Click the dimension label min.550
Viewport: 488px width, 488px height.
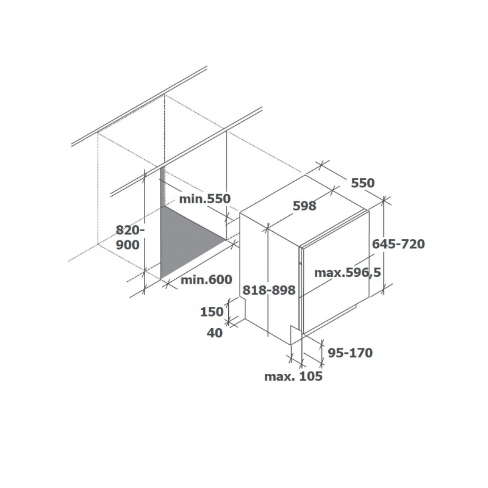coord(204,199)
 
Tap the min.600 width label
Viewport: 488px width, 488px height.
coord(206,279)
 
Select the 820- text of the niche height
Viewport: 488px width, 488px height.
coord(131,231)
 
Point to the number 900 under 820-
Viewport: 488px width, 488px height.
coord(127,245)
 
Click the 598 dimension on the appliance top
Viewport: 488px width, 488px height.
coord(304,206)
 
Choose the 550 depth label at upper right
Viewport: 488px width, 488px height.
coord(363,183)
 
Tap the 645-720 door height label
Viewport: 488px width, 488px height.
coord(398,244)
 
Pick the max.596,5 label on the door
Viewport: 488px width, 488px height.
coord(348,273)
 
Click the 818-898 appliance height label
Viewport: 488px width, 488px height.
coord(269,290)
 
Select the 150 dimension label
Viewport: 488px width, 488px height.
coord(212,312)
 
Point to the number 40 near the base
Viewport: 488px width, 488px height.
coord(215,333)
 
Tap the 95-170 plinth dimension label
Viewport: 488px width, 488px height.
coord(350,353)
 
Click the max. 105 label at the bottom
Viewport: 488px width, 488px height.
coord(293,376)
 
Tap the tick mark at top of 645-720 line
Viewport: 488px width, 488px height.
coord(384,200)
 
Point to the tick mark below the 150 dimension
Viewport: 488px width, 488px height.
coord(229,321)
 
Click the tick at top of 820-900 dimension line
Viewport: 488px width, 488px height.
coord(145,177)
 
